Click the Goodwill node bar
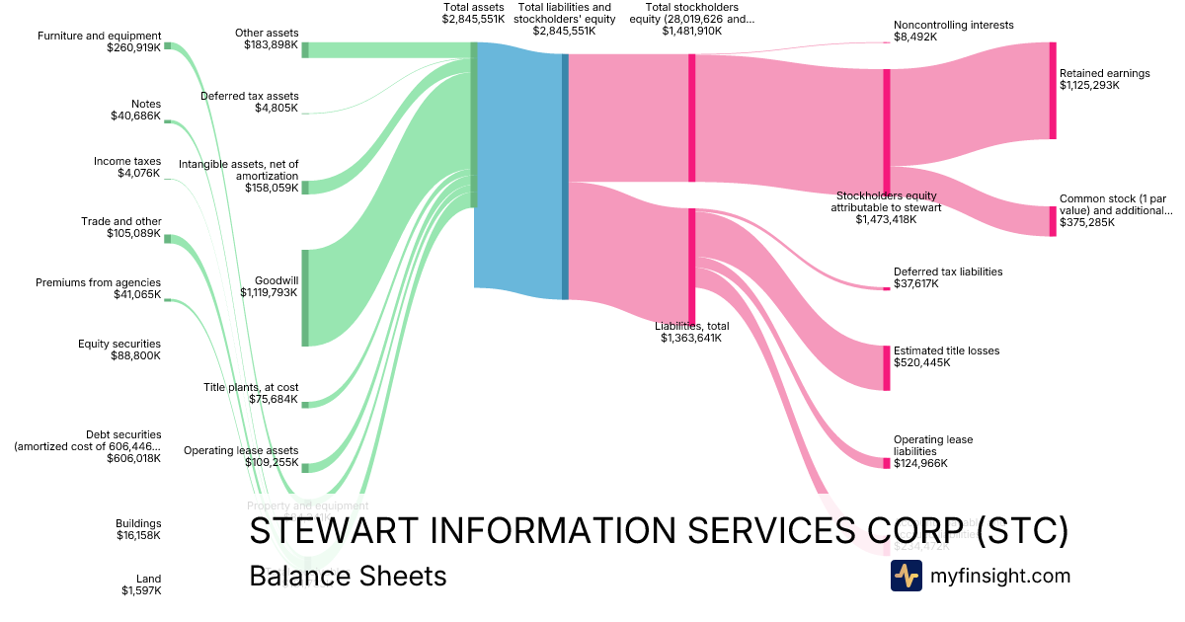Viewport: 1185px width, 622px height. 305,298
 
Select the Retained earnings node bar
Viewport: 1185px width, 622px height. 1053,91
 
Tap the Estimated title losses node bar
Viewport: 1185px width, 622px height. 887,367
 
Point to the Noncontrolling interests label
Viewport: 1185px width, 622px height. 953,25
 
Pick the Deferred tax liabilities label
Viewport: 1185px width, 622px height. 947,272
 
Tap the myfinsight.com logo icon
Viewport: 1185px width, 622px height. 906,576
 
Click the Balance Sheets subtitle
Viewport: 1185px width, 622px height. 348,576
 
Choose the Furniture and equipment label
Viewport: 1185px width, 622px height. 99,36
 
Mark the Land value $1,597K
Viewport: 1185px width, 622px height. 141,590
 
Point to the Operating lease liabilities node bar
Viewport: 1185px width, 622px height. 887,463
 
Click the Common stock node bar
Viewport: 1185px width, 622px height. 1053,221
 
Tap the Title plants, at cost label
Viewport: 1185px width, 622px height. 251,387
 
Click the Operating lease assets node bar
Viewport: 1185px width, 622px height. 305,468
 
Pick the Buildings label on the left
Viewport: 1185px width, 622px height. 138,523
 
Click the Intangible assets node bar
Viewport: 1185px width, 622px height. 305,188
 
